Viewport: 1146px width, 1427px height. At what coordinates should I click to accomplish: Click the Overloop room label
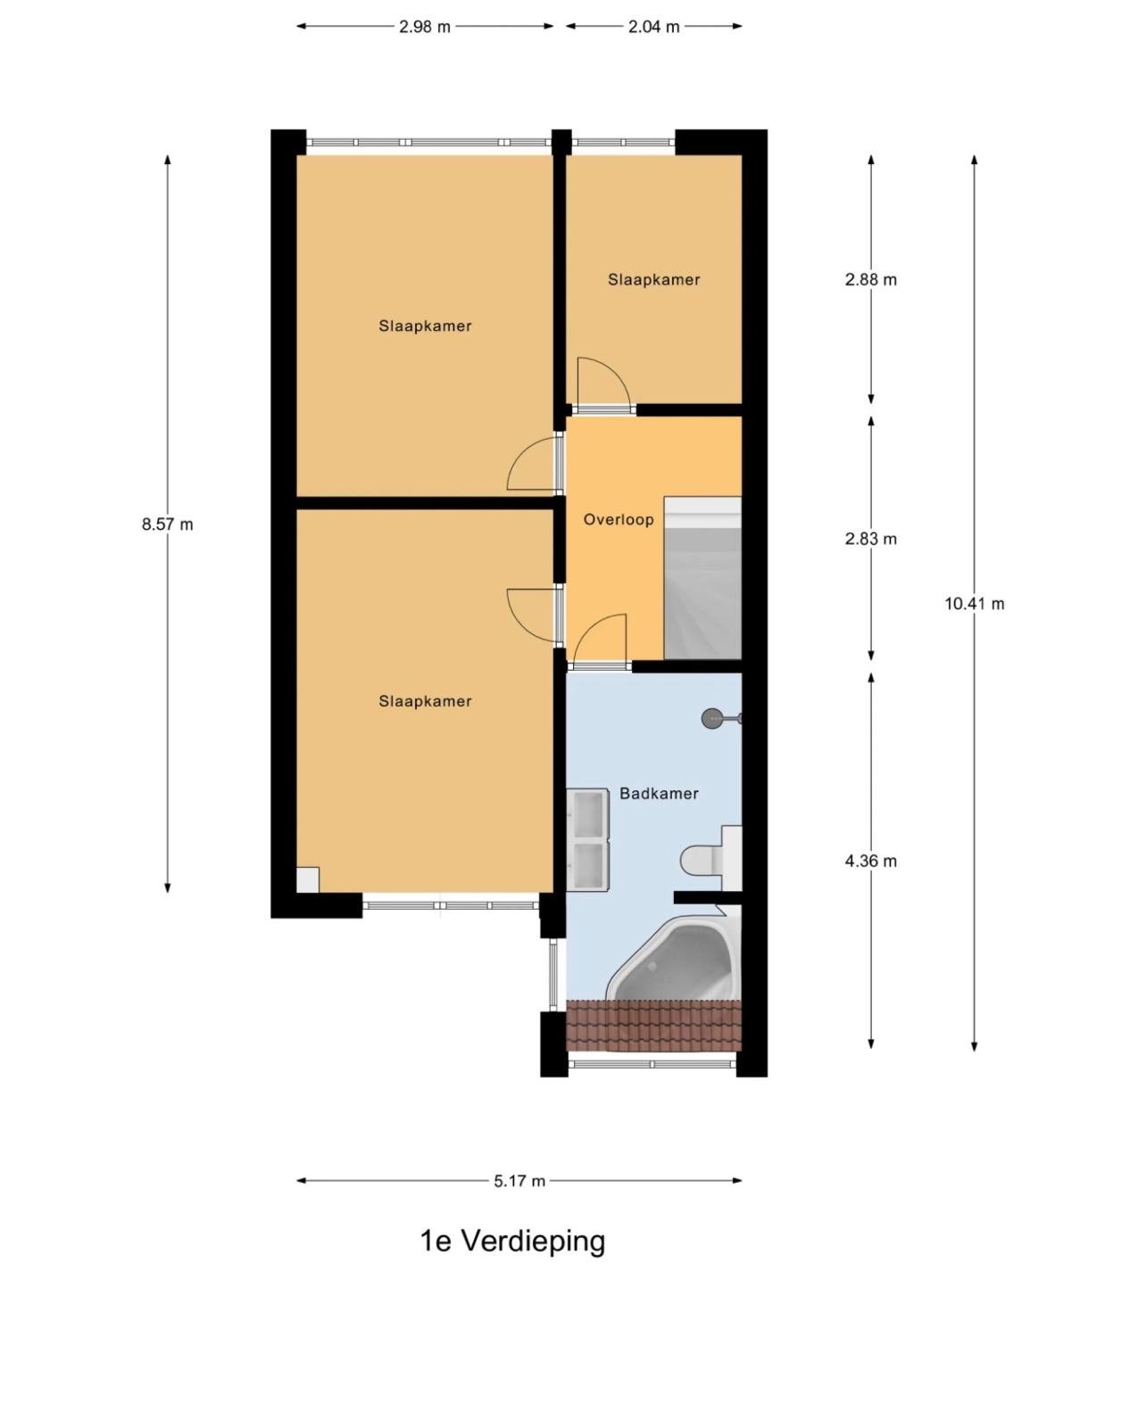618,519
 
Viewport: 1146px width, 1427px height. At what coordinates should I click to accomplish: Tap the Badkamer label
659,793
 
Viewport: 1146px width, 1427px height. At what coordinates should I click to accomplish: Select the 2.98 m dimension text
425,27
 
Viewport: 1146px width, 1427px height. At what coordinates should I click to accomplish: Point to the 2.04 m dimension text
653,27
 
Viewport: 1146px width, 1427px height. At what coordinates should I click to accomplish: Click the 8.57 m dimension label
167,524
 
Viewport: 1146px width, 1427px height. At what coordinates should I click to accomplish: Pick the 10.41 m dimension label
974,604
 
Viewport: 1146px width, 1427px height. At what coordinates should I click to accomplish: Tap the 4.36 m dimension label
870,861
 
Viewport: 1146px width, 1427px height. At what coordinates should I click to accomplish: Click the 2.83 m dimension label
870,539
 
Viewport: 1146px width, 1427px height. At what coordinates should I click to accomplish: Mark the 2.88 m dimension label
870,279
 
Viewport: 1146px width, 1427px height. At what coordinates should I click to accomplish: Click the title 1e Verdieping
512,1240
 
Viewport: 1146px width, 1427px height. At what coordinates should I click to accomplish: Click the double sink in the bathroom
588,838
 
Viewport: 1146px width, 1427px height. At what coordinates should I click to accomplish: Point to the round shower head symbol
713,718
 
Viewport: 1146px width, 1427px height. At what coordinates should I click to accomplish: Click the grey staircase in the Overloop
702,578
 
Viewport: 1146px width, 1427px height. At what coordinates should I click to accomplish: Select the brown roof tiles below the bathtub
653,1025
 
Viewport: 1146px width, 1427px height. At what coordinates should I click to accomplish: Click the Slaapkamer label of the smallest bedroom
653,279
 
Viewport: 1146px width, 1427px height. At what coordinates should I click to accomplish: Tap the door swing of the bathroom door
600,639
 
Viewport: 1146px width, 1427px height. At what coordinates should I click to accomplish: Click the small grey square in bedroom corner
308,880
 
